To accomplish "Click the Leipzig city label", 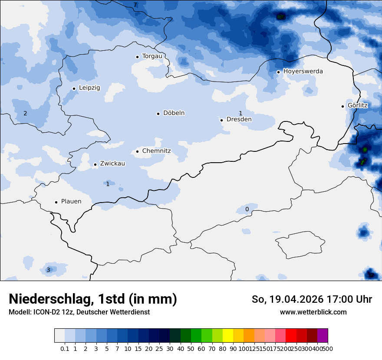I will click(x=89, y=88).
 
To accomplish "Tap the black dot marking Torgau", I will click(x=137, y=57).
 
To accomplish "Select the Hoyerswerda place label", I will click(x=303, y=71).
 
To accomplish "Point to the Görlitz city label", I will click(x=358, y=105).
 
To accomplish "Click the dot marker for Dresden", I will click(x=221, y=120).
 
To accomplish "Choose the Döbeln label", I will click(x=174, y=113).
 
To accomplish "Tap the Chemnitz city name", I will click(x=156, y=151).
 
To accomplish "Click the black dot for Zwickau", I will click(x=95, y=164).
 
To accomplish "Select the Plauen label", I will click(x=71, y=202).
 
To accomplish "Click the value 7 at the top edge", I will click(x=135, y=5).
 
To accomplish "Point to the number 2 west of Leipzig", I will click(x=25, y=114).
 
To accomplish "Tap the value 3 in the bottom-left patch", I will click(x=48, y=270).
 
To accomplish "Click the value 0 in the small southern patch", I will click(x=247, y=209).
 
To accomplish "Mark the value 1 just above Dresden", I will click(x=240, y=113).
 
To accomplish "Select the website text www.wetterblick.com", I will click(x=313, y=312).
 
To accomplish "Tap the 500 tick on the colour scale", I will click(x=328, y=348).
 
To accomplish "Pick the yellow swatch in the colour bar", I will click(x=228, y=336).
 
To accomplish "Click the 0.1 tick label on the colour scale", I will click(x=65, y=348).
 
